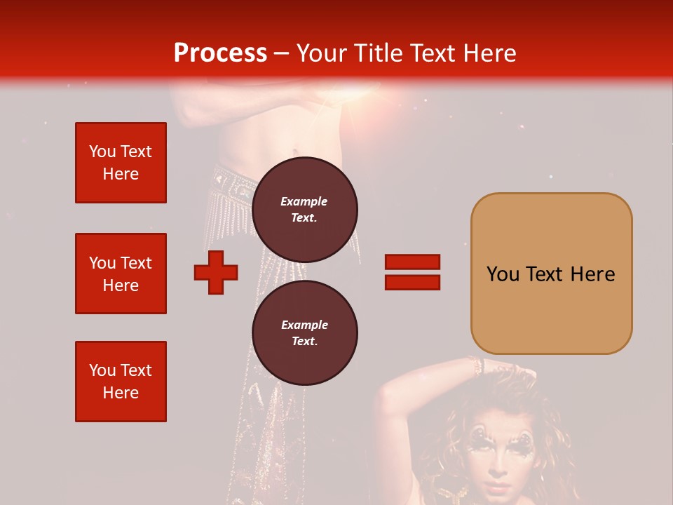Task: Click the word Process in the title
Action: click(x=220, y=53)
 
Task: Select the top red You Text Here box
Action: click(x=121, y=163)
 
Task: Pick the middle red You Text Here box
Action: click(x=121, y=274)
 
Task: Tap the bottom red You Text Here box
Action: click(x=121, y=382)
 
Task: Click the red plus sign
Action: click(x=216, y=272)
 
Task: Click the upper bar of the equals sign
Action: click(x=412, y=262)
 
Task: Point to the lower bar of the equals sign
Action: click(x=412, y=282)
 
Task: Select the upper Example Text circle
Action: click(x=304, y=209)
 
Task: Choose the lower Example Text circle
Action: click(x=304, y=332)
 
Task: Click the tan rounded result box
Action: click(x=551, y=274)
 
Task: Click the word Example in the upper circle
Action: click(x=304, y=201)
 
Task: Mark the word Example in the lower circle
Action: click(x=304, y=325)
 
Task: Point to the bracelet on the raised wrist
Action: click(x=477, y=365)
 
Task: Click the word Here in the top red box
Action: click(x=121, y=174)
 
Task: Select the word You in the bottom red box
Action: click(x=102, y=370)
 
